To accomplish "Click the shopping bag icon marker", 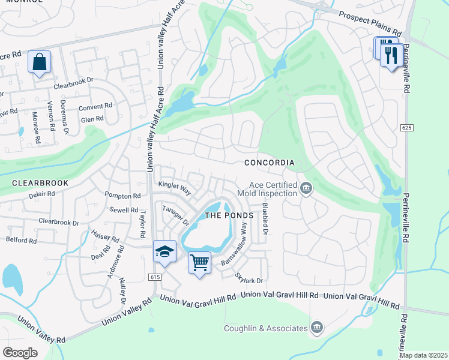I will pyautogui.click(x=39, y=62).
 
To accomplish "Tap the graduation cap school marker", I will pyautogui.click(x=164, y=252).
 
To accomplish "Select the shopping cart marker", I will pyautogui.click(x=199, y=262).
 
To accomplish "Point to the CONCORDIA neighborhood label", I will pyautogui.click(x=270, y=163).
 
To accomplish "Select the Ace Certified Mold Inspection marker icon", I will pyautogui.click(x=306, y=190).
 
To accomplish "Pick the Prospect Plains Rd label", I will pyautogui.click(x=369, y=23).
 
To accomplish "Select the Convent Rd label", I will pyautogui.click(x=96, y=107).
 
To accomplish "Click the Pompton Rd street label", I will pyautogui.click(x=122, y=196).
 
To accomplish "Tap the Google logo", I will pyautogui.click(x=20, y=352).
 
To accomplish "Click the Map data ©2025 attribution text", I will pyautogui.click(x=423, y=355).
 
